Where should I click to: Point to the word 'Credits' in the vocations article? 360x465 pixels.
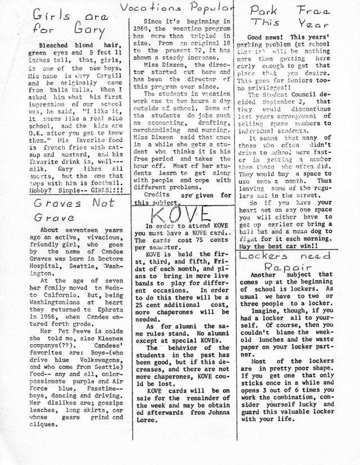click(x=157, y=195)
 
